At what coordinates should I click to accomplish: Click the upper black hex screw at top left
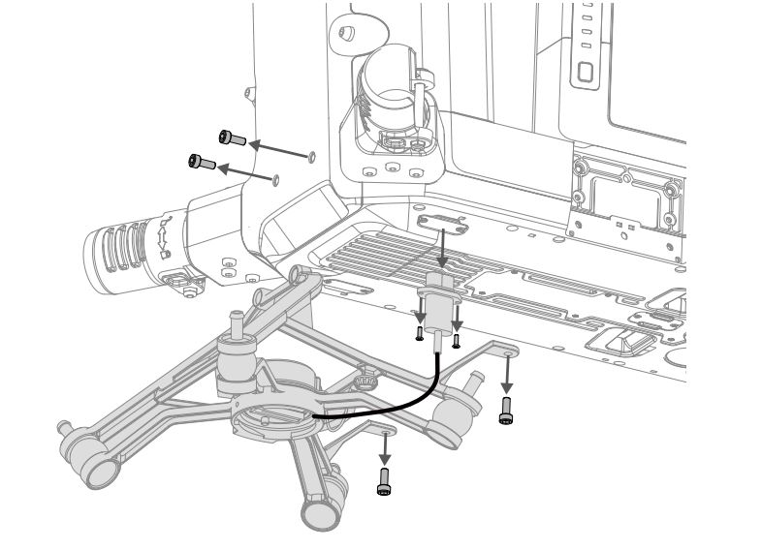[x=231, y=137]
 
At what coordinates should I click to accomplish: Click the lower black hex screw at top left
[x=202, y=162]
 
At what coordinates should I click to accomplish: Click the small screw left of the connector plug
[x=419, y=333]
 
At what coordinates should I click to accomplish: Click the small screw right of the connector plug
[x=456, y=340]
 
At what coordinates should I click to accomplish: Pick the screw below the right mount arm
[x=505, y=413]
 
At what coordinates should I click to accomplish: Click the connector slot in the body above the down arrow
[x=442, y=224]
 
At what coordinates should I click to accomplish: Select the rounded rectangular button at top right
[x=585, y=71]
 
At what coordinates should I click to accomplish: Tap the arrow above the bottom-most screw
[x=385, y=448]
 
